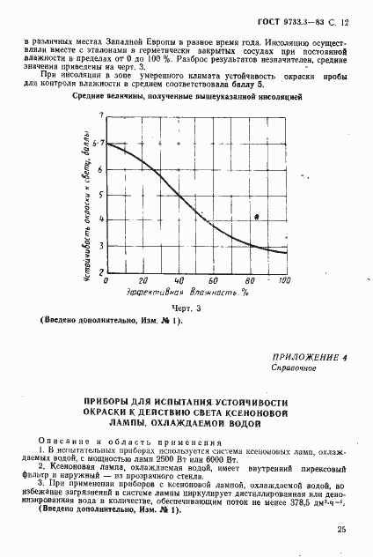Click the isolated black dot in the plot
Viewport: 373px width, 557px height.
click(256, 217)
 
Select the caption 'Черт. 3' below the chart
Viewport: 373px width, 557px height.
click(186, 309)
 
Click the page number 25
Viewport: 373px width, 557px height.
click(340, 530)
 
